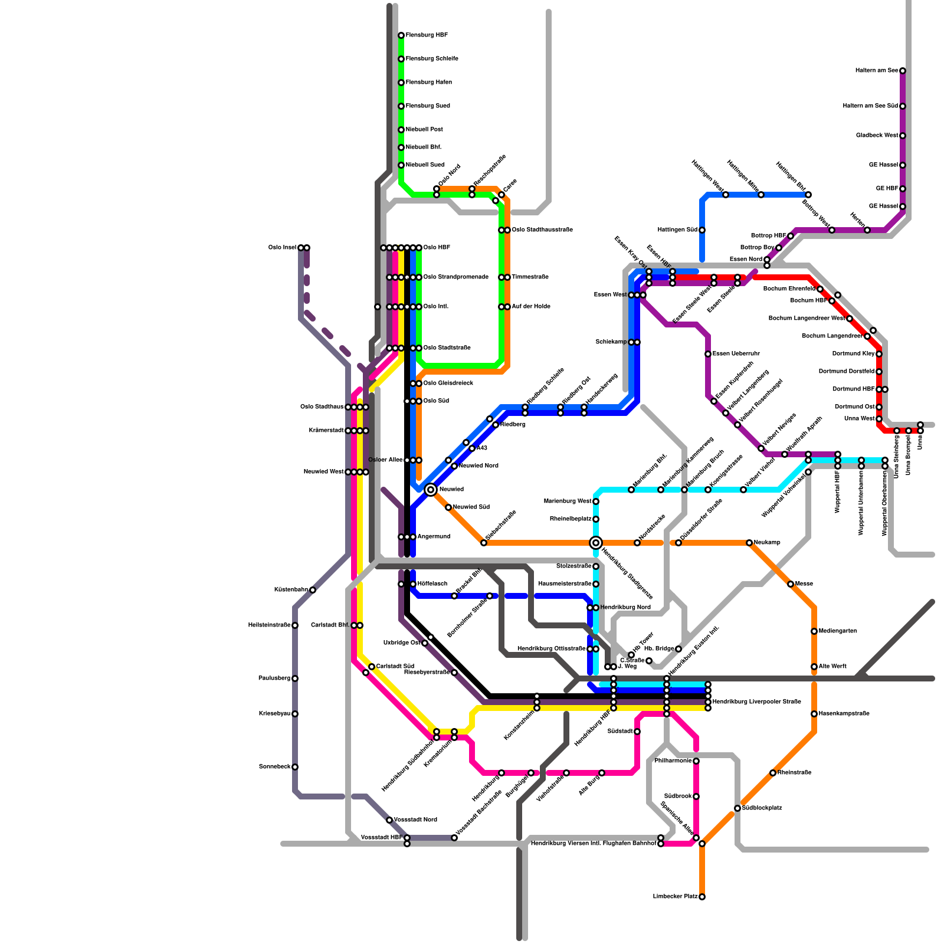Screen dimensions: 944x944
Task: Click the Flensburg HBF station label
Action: point(426,35)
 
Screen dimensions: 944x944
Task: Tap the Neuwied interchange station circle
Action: point(431,490)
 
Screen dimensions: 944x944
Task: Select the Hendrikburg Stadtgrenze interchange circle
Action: point(596,543)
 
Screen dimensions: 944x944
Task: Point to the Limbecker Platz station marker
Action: point(702,897)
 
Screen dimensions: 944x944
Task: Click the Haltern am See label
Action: point(877,71)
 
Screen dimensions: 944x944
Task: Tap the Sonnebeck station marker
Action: point(295,767)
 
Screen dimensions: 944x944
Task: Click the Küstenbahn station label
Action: point(291,590)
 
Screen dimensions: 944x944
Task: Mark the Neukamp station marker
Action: point(749,543)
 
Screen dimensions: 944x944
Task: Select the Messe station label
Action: point(804,584)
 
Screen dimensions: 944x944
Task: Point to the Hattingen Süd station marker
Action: point(702,230)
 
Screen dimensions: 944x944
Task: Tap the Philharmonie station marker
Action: point(696,761)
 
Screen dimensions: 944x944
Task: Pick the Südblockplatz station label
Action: point(762,808)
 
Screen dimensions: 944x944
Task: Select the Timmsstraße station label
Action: point(530,277)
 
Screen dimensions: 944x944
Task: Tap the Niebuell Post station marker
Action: point(401,130)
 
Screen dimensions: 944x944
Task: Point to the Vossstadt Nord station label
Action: point(415,820)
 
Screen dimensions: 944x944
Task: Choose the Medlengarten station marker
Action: point(814,631)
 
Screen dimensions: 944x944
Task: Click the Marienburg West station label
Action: point(567,501)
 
